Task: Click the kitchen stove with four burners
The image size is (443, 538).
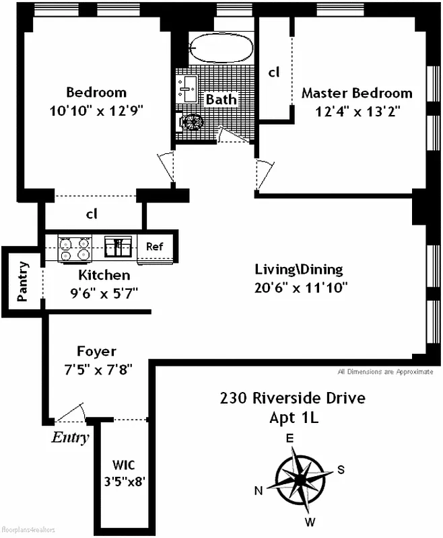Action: coord(75,247)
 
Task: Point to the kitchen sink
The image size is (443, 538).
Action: coord(120,247)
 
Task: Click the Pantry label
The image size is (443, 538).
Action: coord(23,280)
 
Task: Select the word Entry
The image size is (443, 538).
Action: coord(70,438)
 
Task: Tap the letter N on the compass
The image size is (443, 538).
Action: coord(258,490)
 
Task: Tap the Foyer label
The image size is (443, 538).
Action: coord(96,351)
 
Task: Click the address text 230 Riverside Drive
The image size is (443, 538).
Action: coord(292,397)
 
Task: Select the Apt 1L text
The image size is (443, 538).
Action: coord(292,418)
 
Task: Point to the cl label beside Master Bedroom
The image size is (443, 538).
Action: coord(273,71)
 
